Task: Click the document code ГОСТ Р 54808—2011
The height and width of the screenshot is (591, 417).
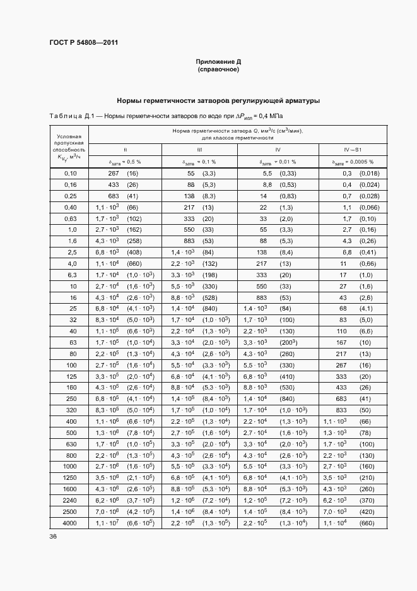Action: [x=83, y=43]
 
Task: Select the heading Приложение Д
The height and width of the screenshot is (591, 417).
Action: [x=218, y=62]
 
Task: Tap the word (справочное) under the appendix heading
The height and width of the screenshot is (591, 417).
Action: [x=218, y=69]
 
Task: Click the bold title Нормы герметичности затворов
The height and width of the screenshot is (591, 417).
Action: [x=218, y=100]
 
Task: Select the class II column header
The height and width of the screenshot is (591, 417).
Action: [x=125, y=150]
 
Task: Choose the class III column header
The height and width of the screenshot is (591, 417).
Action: [x=199, y=150]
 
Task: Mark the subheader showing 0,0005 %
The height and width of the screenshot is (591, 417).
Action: [x=361, y=162]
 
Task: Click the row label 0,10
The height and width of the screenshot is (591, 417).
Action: [x=70, y=173]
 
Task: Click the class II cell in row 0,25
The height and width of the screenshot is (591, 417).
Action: [x=125, y=196]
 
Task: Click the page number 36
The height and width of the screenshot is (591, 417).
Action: [x=53, y=537]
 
